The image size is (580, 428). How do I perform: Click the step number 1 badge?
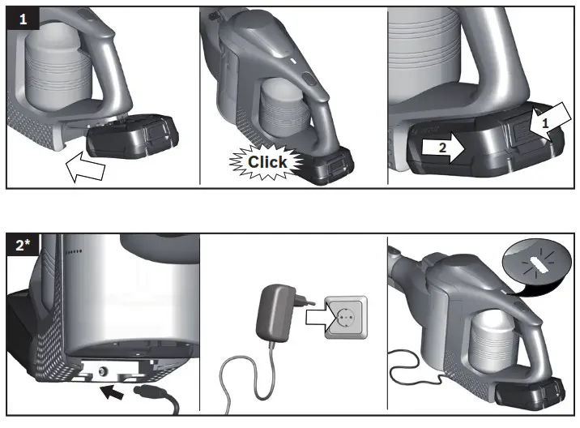coord(23,19)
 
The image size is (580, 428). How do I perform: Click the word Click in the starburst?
coord(267,161)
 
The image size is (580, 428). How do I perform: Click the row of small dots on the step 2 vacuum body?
coord(74,251)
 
